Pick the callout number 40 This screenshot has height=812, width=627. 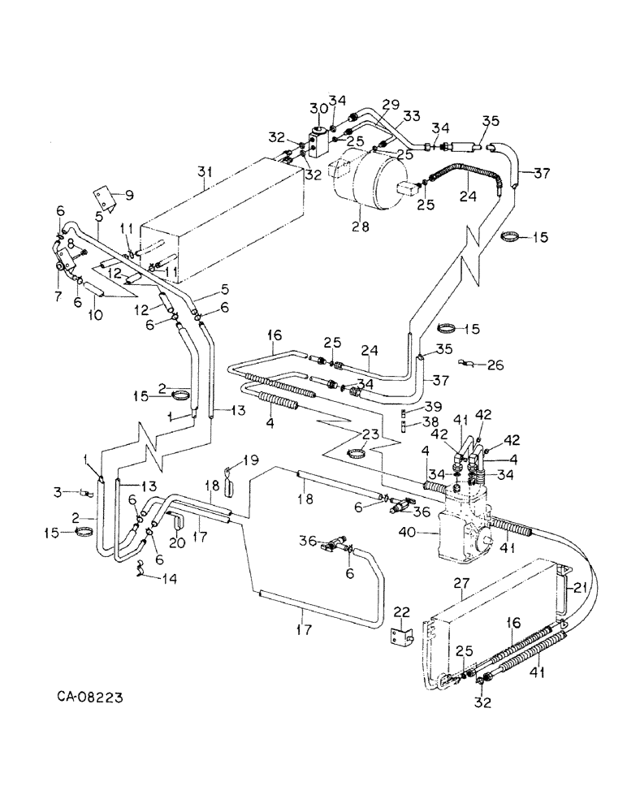(419, 533)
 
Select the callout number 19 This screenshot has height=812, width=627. (251, 460)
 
